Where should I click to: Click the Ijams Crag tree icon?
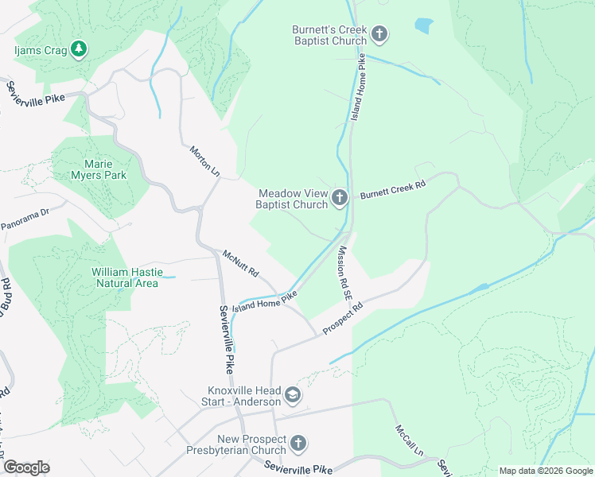78,49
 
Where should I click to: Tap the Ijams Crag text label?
38,49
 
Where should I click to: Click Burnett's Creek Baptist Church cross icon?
379,33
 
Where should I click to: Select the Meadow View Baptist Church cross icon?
340,198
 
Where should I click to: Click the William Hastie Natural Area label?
126,277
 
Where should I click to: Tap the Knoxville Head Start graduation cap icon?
293,395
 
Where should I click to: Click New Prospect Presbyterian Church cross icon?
297,443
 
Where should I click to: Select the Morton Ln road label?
204,161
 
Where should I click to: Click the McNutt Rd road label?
241,263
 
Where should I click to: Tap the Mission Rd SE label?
344,272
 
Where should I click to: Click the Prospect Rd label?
342,318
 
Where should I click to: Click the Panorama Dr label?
25,218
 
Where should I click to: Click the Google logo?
26,467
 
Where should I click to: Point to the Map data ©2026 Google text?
545,471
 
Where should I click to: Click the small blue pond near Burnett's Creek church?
424,25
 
